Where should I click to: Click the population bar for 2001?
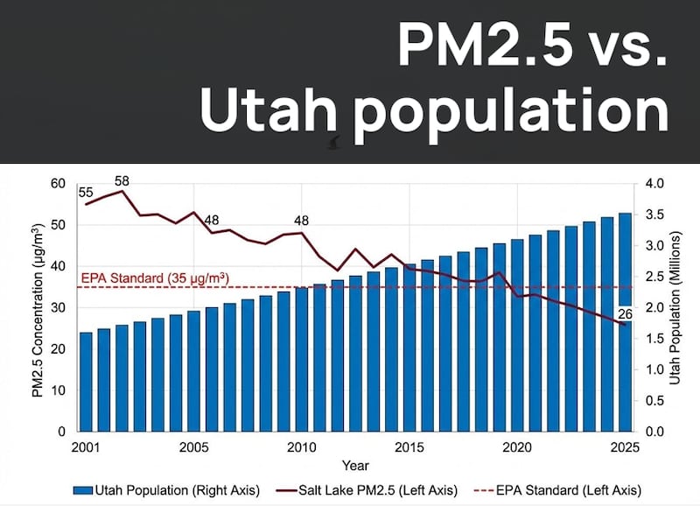[86, 382]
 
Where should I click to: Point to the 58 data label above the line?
[122, 180]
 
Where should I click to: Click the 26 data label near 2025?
[626, 313]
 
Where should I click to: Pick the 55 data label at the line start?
[86, 192]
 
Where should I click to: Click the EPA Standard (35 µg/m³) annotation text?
[155, 278]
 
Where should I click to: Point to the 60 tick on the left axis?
[59, 184]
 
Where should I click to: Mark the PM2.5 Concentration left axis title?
[38, 308]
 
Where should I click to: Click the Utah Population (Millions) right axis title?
[675, 308]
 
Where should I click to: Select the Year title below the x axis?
[355, 465]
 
